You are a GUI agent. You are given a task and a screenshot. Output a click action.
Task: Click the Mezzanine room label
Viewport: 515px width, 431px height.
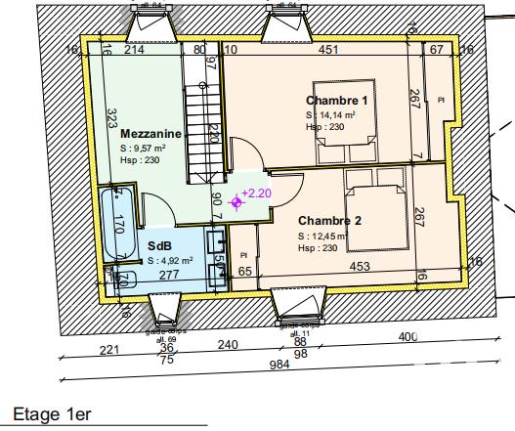[151, 133]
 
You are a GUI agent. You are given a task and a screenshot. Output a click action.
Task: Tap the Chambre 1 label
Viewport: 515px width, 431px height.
[336, 101]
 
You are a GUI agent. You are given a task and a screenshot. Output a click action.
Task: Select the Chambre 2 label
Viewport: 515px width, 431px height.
[330, 221]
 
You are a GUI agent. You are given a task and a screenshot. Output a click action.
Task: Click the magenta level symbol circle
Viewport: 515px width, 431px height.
[235, 202]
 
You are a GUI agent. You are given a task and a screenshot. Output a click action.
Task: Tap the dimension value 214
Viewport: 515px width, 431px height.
[135, 50]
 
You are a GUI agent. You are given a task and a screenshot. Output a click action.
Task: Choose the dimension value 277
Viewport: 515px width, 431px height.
[168, 276]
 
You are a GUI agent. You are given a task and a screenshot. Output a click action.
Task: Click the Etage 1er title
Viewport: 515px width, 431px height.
[52, 415]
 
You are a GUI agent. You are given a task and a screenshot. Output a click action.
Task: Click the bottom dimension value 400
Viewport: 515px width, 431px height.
[408, 337]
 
